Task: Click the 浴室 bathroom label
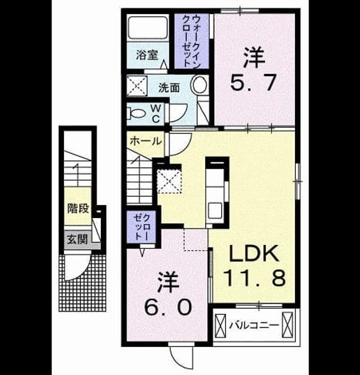point(147,55)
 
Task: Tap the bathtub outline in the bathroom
point(148,28)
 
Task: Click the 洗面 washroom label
point(169,88)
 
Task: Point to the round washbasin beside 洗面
point(199,85)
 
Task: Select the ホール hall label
point(146,141)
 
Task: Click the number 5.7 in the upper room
point(254,82)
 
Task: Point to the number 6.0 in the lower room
point(168,307)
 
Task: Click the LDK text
point(254,253)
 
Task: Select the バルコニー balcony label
point(254,325)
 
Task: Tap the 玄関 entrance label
point(77,240)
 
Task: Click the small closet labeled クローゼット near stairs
point(142,227)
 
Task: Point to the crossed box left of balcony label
point(220,325)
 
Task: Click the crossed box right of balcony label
point(287,325)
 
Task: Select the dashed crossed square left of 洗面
point(137,86)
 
